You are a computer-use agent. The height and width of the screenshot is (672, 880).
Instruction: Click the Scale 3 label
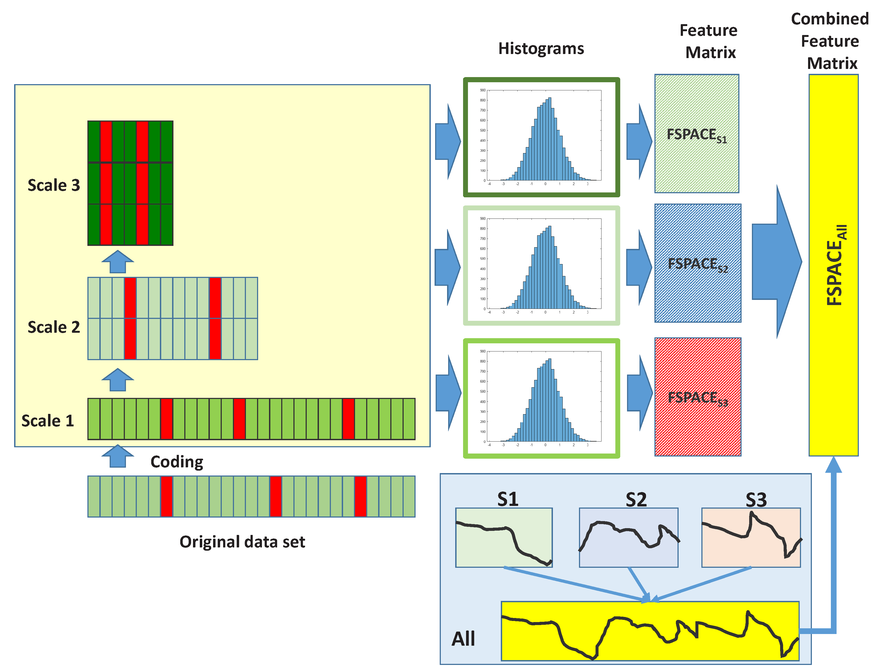pyautogui.click(x=53, y=185)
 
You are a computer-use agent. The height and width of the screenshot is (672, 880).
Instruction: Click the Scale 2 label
pyautogui.click(x=53, y=327)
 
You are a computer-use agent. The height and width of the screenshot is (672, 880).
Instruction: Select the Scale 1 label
pyautogui.click(x=48, y=421)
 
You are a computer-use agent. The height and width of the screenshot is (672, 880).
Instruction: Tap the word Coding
pyautogui.click(x=176, y=462)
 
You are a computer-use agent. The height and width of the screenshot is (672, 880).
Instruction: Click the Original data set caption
pyautogui.click(x=242, y=542)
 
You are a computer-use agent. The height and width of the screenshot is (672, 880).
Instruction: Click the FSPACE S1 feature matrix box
pyautogui.click(x=697, y=134)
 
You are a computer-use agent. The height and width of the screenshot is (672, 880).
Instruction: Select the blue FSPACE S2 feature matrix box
pyautogui.click(x=698, y=263)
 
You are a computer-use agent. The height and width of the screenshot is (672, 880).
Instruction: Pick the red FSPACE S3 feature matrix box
pyautogui.click(x=698, y=397)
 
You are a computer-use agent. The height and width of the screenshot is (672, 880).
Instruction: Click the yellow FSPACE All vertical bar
pyautogui.click(x=833, y=265)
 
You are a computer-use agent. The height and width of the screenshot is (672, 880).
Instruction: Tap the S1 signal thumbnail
pyautogui.click(x=504, y=537)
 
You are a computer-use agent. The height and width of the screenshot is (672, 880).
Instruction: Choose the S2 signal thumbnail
pyautogui.click(x=628, y=537)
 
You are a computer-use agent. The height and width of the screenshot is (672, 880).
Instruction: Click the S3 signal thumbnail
pyautogui.click(x=751, y=537)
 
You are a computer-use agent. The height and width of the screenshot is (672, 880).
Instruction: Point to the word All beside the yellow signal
pyautogui.click(x=463, y=639)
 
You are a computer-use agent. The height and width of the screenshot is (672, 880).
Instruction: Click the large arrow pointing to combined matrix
pyautogui.click(x=776, y=262)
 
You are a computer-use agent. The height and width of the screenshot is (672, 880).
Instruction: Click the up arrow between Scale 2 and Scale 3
pyautogui.click(x=118, y=262)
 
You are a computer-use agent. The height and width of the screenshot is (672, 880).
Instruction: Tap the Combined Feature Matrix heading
pyautogui.click(x=830, y=41)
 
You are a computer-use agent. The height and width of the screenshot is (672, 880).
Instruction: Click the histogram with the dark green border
pyautogui.click(x=541, y=137)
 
